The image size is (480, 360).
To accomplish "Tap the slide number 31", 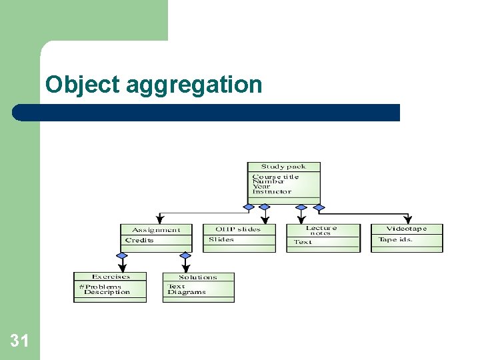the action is pyautogui.click(x=19, y=341).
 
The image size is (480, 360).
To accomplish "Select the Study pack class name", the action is pyautogui.click(x=283, y=167).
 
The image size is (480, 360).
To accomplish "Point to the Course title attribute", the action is pyautogui.click(x=275, y=177).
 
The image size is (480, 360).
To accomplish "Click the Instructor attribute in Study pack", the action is pyautogui.click(x=272, y=191).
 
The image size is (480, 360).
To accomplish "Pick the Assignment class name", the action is pyautogui.click(x=155, y=230).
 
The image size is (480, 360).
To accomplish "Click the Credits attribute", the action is pyautogui.click(x=139, y=240).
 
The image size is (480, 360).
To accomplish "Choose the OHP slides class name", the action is pyautogui.click(x=238, y=229).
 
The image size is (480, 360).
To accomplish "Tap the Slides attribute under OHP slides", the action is pyautogui.click(x=221, y=239).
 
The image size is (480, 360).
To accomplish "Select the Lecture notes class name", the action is pyautogui.click(x=321, y=230).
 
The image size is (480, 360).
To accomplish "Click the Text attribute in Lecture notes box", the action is pyautogui.click(x=303, y=242).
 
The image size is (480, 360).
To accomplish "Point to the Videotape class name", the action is pyautogui.click(x=406, y=229).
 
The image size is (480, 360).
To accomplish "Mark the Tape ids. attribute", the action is pyautogui.click(x=395, y=239).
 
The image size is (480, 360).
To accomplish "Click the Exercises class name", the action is pyautogui.click(x=111, y=277).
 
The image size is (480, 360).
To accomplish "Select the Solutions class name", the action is pyautogui.click(x=198, y=277).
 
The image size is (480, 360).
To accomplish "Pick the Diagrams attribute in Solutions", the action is pyautogui.click(x=187, y=292).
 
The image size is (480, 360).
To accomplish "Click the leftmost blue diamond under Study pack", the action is pyautogui.click(x=249, y=207).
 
